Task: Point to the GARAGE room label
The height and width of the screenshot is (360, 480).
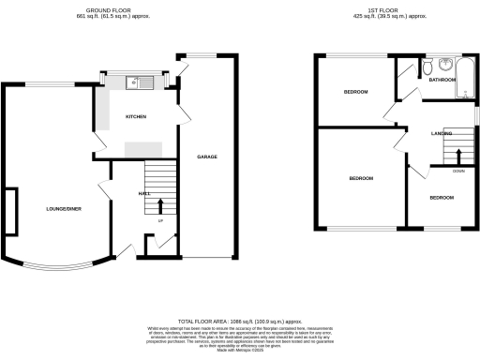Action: point(207,157)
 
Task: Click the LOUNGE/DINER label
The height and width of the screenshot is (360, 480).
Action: point(65,207)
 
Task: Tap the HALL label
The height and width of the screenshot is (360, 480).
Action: point(144,193)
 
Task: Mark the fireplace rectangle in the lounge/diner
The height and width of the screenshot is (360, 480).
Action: point(10,212)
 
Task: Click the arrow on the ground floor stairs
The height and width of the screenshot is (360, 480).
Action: point(159,204)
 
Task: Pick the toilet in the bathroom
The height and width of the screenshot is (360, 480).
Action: point(427,67)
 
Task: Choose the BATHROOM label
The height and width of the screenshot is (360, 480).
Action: point(442,81)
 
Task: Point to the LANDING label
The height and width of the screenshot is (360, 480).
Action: point(442,134)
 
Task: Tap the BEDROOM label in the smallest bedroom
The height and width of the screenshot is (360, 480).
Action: point(442,198)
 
